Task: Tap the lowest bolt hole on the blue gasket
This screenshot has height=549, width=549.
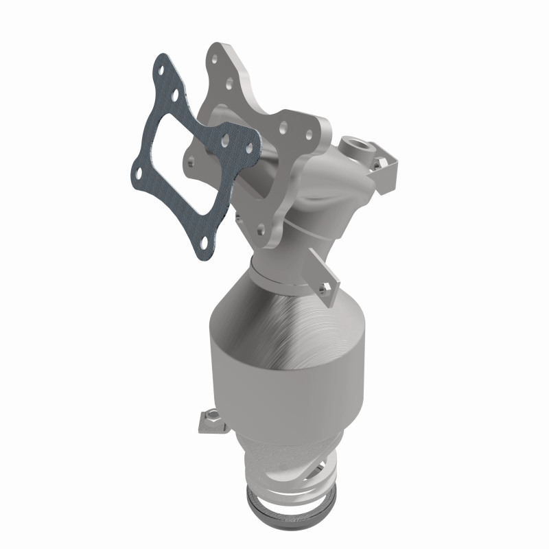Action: pos(205,241)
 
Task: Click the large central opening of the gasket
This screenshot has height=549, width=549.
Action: pos(180,155)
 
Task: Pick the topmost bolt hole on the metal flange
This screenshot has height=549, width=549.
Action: pos(218,50)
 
